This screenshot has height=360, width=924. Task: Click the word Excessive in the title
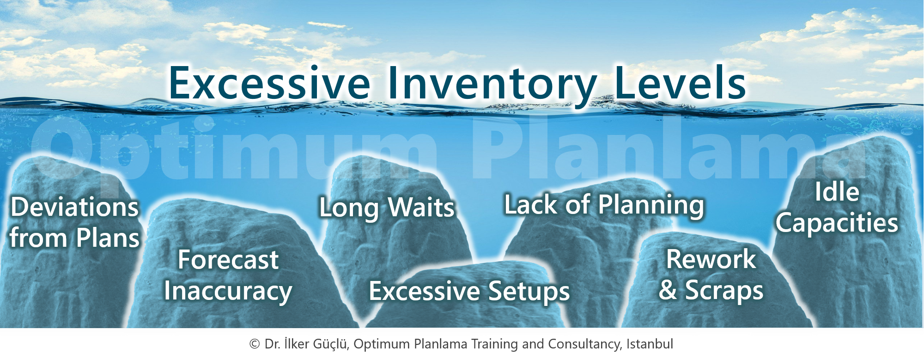(x=270, y=83)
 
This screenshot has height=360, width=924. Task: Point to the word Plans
(x=108, y=238)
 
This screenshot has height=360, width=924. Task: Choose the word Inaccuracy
(x=228, y=292)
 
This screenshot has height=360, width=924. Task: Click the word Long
(x=349, y=208)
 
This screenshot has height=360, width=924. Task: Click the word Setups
(x=529, y=292)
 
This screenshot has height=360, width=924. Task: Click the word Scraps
(x=724, y=291)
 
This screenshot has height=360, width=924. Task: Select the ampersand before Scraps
(x=668, y=290)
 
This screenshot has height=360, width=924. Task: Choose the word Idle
(x=837, y=192)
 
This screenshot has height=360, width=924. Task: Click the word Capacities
(x=837, y=224)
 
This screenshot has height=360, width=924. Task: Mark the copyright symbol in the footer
(x=255, y=344)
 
